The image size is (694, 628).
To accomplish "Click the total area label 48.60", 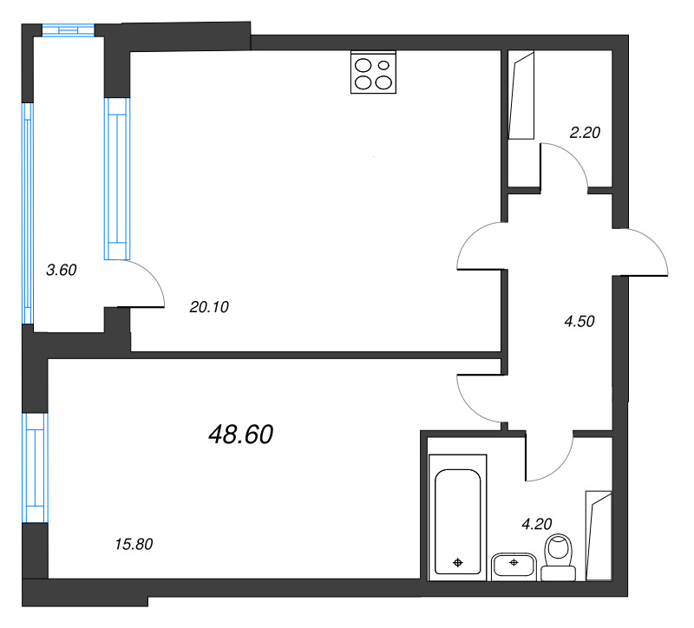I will coord(240,435).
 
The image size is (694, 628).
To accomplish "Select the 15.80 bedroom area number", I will coord(134,545).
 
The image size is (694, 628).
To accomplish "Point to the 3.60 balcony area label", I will coord(62,270).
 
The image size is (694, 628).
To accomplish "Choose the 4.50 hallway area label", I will coord(579,321).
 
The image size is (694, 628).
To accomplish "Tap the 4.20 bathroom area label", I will coord(536,524).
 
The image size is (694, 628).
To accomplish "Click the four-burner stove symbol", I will coord(373,73).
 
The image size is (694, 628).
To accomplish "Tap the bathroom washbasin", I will coord(514,566).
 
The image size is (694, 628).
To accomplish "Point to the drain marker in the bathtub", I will coord(458,563).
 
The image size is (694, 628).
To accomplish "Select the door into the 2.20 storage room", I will coord(565,165).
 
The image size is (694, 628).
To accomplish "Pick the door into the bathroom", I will coord(549,455).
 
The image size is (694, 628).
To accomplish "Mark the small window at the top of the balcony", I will coord(67,29).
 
